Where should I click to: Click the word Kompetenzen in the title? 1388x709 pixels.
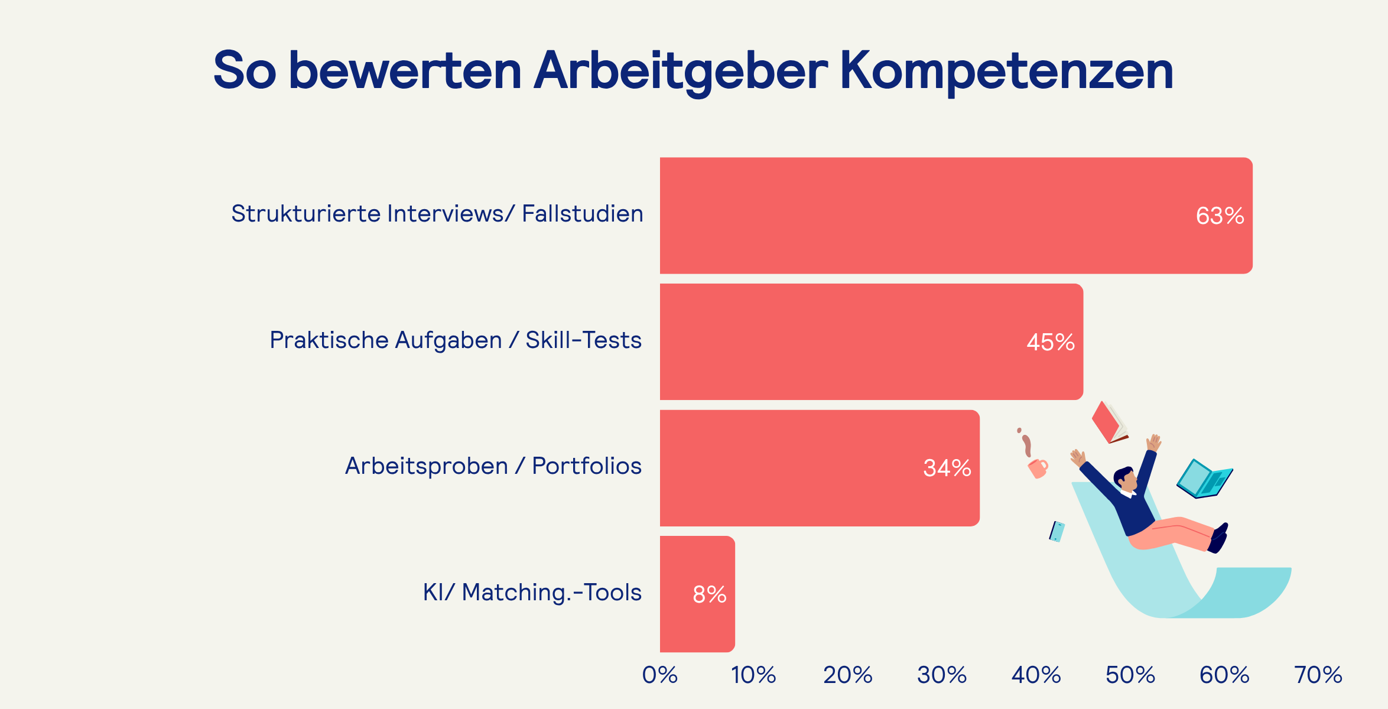click(1006, 71)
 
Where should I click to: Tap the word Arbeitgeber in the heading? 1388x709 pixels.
click(681, 71)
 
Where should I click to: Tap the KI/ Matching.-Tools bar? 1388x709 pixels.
click(680, 594)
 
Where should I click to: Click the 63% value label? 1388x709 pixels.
click(1220, 216)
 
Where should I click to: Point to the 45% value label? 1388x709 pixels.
click(1051, 343)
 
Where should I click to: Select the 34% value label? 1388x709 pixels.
click(947, 469)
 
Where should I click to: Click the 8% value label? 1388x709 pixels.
click(709, 594)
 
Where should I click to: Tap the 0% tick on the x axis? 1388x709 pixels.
click(660, 675)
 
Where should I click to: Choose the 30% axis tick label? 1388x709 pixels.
click(942, 675)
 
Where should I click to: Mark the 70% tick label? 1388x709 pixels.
click(1318, 675)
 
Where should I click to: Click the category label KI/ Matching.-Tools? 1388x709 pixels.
click(532, 593)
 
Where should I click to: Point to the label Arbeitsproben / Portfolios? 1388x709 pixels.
click(493, 466)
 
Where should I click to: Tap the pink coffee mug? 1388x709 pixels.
click(1038, 469)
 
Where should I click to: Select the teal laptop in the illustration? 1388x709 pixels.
click(1204, 479)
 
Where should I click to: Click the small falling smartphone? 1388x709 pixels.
click(1057, 531)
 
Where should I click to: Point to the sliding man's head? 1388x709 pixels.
click(1125, 479)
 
